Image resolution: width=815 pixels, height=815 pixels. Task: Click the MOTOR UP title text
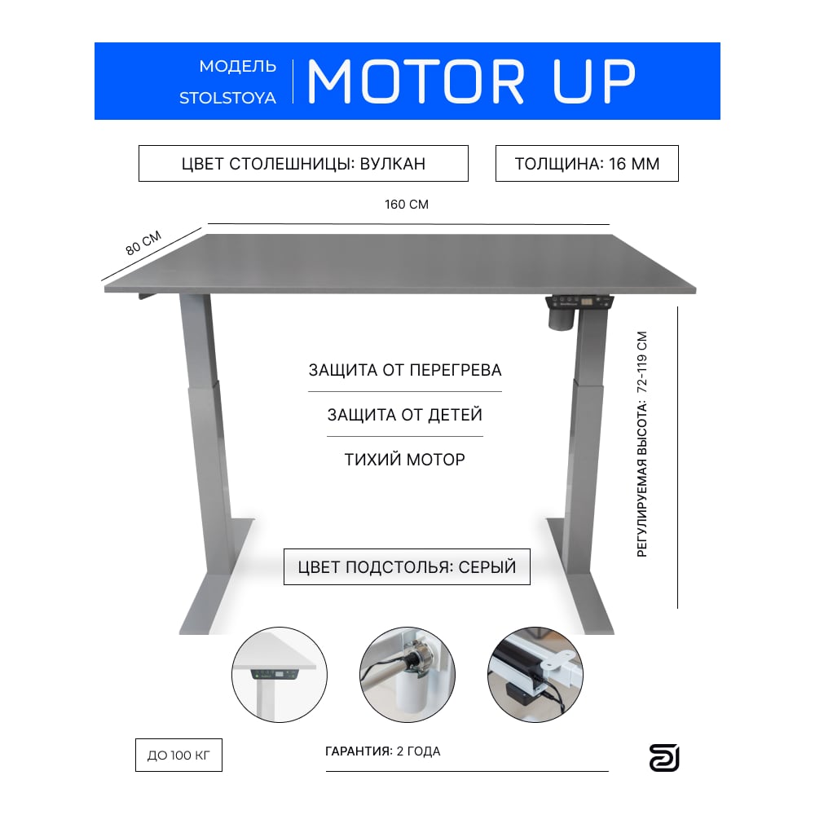[x=471, y=81]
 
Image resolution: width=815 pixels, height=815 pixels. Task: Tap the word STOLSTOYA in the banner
[x=227, y=99]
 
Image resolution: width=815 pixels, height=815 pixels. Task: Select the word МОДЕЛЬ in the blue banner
[x=237, y=67]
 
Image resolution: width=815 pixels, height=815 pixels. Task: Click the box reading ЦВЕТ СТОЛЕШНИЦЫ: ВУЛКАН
[x=303, y=164]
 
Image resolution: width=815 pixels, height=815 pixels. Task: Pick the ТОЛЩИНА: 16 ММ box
[x=587, y=164]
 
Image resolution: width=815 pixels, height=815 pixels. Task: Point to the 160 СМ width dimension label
[x=407, y=205]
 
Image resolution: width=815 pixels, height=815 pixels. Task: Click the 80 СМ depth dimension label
[x=143, y=243]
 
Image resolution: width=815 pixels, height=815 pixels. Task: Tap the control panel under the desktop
[x=579, y=302]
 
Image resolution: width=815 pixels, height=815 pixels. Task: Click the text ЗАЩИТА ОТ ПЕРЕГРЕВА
[x=405, y=370]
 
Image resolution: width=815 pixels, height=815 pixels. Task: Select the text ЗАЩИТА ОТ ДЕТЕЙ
[x=405, y=415]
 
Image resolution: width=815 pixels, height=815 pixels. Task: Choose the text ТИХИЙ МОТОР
[x=405, y=460]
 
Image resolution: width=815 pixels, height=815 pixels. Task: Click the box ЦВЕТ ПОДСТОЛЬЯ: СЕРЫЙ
[x=407, y=566]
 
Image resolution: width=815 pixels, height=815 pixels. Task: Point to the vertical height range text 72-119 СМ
[x=642, y=363]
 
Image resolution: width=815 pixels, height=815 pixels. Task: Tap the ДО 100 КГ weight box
[x=178, y=755]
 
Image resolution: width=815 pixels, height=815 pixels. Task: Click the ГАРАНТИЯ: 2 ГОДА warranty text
[x=383, y=751]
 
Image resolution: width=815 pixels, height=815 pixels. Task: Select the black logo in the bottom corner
[x=664, y=758]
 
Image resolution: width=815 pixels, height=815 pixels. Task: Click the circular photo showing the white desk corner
[x=280, y=675]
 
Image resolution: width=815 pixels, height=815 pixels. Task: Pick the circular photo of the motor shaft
[x=407, y=675]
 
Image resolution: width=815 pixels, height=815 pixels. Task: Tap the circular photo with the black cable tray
[x=535, y=675]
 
